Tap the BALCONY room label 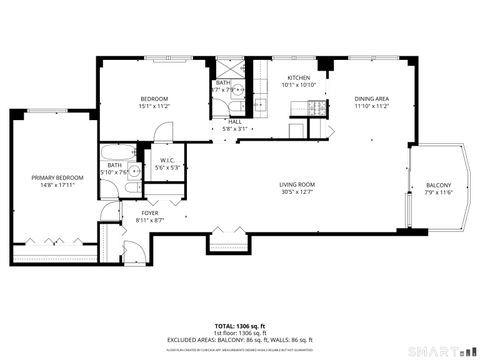pyautogui.click(x=438, y=185)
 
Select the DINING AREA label pyautogui.click(x=371, y=98)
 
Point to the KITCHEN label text pyautogui.click(x=299, y=78)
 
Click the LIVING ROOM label pyautogui.click(x=297, y=184)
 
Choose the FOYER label pyautogui.click(x=149, y=213)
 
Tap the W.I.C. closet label pyautogui.click(x=168, y=161)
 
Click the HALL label pyautogui.click(x=234, y=121)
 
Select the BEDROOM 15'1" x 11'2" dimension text pyautogui.click(x=153, y=105)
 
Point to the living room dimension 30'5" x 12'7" pyautogui.click(x=297, y=192)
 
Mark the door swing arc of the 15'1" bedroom pyautogui.click(x=165, y=131)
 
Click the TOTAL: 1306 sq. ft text pyautogui.click(x=239, y=326)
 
